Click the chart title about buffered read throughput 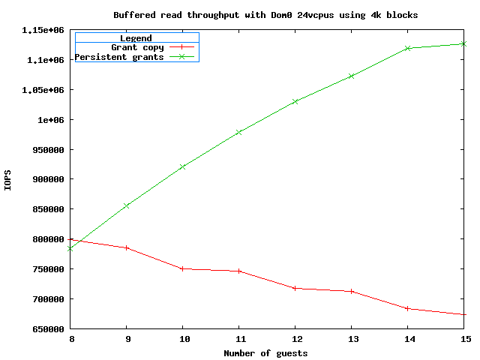(x=265, y=14)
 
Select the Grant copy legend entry (x=137, y=47)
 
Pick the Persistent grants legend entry (x=119, y=57)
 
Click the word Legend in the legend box (x=136, y=37)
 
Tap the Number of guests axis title (x=266, y=353)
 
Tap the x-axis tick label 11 (x=238, y=339)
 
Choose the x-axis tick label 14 (x=408, y=339)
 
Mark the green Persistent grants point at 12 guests (x=295, y=101)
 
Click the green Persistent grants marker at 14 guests (x=408, y=48)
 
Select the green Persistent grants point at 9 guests (x=126, y=205)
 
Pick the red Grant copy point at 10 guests (x=182, y=268)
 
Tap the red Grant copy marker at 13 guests (x=352, y=291)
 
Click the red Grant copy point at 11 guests (x=238, y=271)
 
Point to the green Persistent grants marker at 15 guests (x=463, y=43)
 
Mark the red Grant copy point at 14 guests (x=408, y=308)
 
